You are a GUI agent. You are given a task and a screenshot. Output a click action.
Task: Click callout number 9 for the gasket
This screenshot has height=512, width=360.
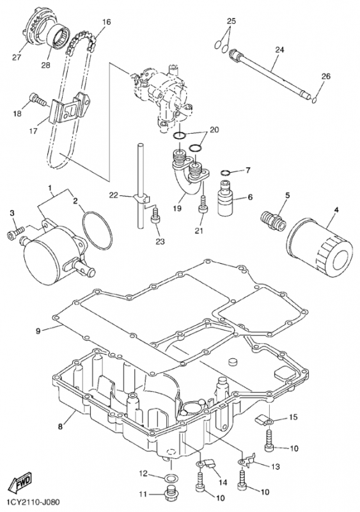pyautogui.click(x=38, y=331)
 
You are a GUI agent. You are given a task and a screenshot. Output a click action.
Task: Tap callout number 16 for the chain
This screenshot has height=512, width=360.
pyautogui.click(x=106, y=22)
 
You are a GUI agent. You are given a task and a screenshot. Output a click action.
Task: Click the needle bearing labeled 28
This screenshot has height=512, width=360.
pyautogui.click(x=59, y=36)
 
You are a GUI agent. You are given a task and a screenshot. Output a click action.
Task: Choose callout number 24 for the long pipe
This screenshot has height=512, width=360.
pyautogui.click(x=279, y=50)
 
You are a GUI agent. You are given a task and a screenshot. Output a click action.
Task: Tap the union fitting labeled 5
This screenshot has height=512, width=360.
pyautogui.click(x=273, y=220)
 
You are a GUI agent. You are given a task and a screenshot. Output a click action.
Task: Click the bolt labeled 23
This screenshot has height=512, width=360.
pyautogui.click(x=155, y=216)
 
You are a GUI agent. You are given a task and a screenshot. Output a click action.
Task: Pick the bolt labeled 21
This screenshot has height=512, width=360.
pyautogui.click(x=203, y=205)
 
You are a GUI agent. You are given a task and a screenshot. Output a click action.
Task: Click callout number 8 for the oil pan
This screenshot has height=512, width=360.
pyautogui.click(x=60, y=426)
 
